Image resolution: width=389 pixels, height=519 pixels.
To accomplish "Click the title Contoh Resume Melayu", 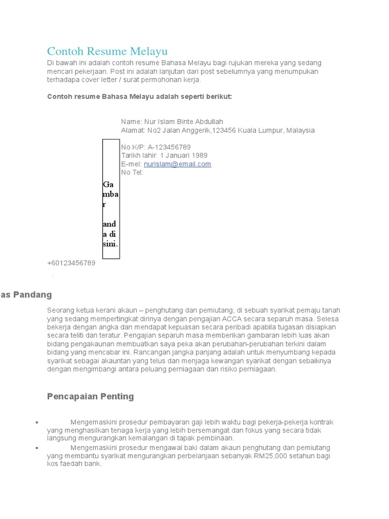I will [107, 51].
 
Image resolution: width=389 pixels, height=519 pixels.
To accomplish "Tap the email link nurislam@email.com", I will [177, 164].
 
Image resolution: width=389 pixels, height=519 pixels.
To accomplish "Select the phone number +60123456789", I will [71, 263].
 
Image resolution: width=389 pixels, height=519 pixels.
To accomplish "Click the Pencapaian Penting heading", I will [90, 396].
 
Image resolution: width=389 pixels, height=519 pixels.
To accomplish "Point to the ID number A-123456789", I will [169, 147].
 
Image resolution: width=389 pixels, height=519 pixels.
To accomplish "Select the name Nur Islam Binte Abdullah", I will [183, 122].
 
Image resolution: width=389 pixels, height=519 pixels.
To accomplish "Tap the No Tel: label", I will [132, 172].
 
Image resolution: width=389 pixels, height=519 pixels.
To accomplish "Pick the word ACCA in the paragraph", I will [235, 319].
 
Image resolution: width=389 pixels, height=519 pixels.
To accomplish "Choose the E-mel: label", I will [131, 164].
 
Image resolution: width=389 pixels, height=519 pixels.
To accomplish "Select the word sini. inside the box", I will [110, 244].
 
